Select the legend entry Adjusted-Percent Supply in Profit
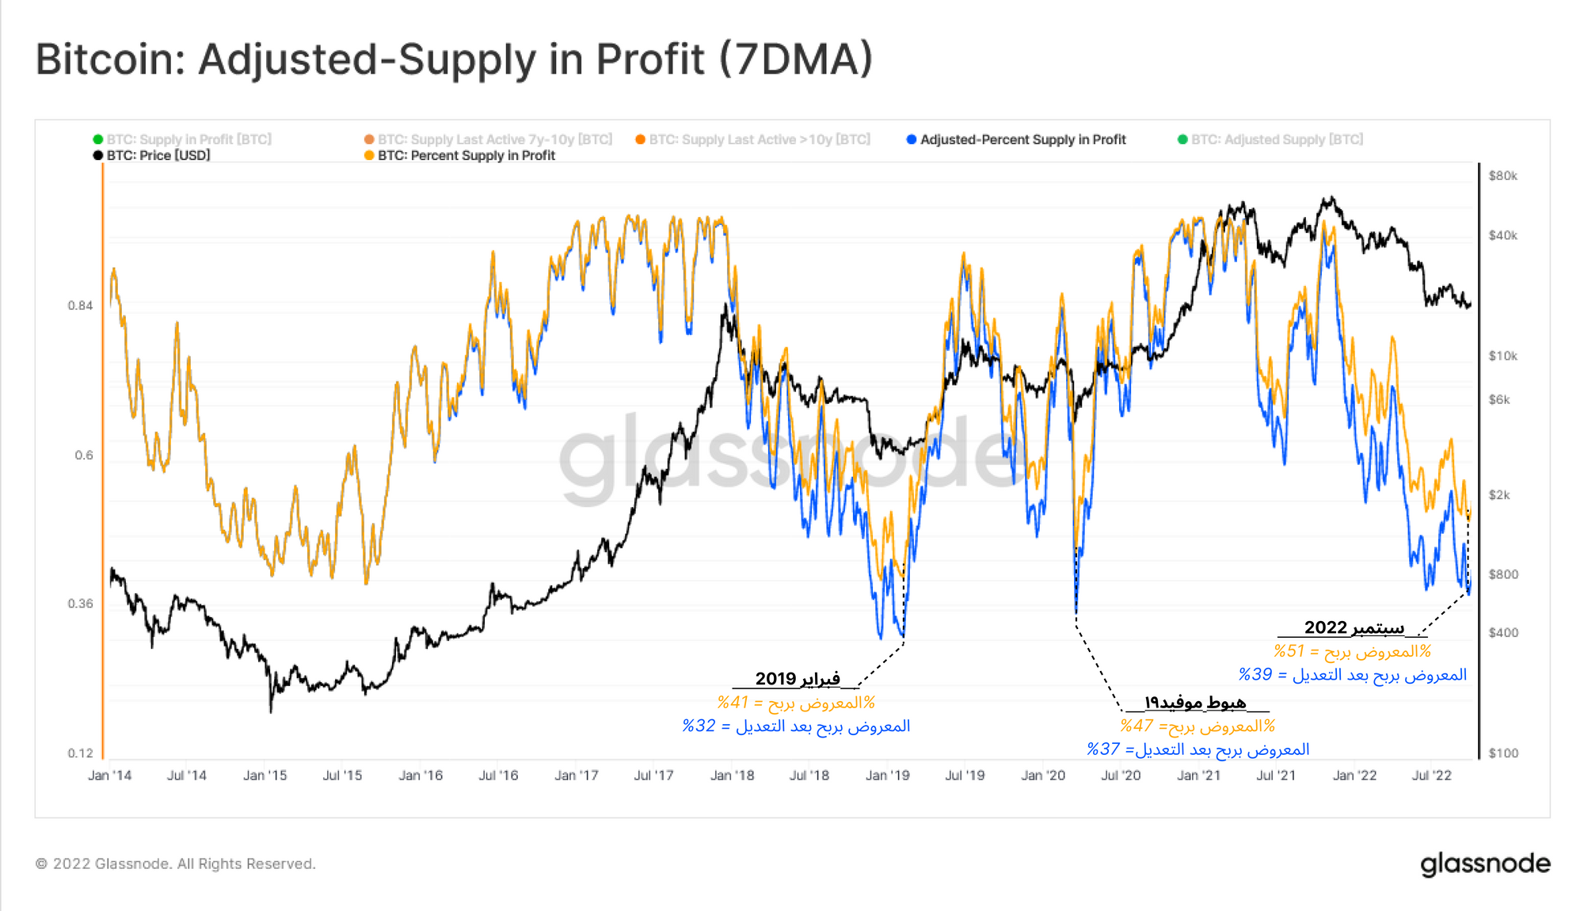1022,139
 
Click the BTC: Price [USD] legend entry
158,155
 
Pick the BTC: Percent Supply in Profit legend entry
466,155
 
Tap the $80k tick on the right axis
1502,176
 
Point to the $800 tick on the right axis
1503,574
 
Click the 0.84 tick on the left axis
80,306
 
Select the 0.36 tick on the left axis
80,604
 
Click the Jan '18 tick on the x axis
732,776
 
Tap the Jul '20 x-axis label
1121,776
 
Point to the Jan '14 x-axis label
109,776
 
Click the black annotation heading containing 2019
797,679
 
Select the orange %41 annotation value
733,703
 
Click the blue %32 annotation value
699,726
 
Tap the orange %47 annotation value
1136,726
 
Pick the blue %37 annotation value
1102,749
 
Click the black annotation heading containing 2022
1354,628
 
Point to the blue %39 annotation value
1255,675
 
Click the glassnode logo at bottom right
1485,863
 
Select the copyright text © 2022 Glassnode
175,863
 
